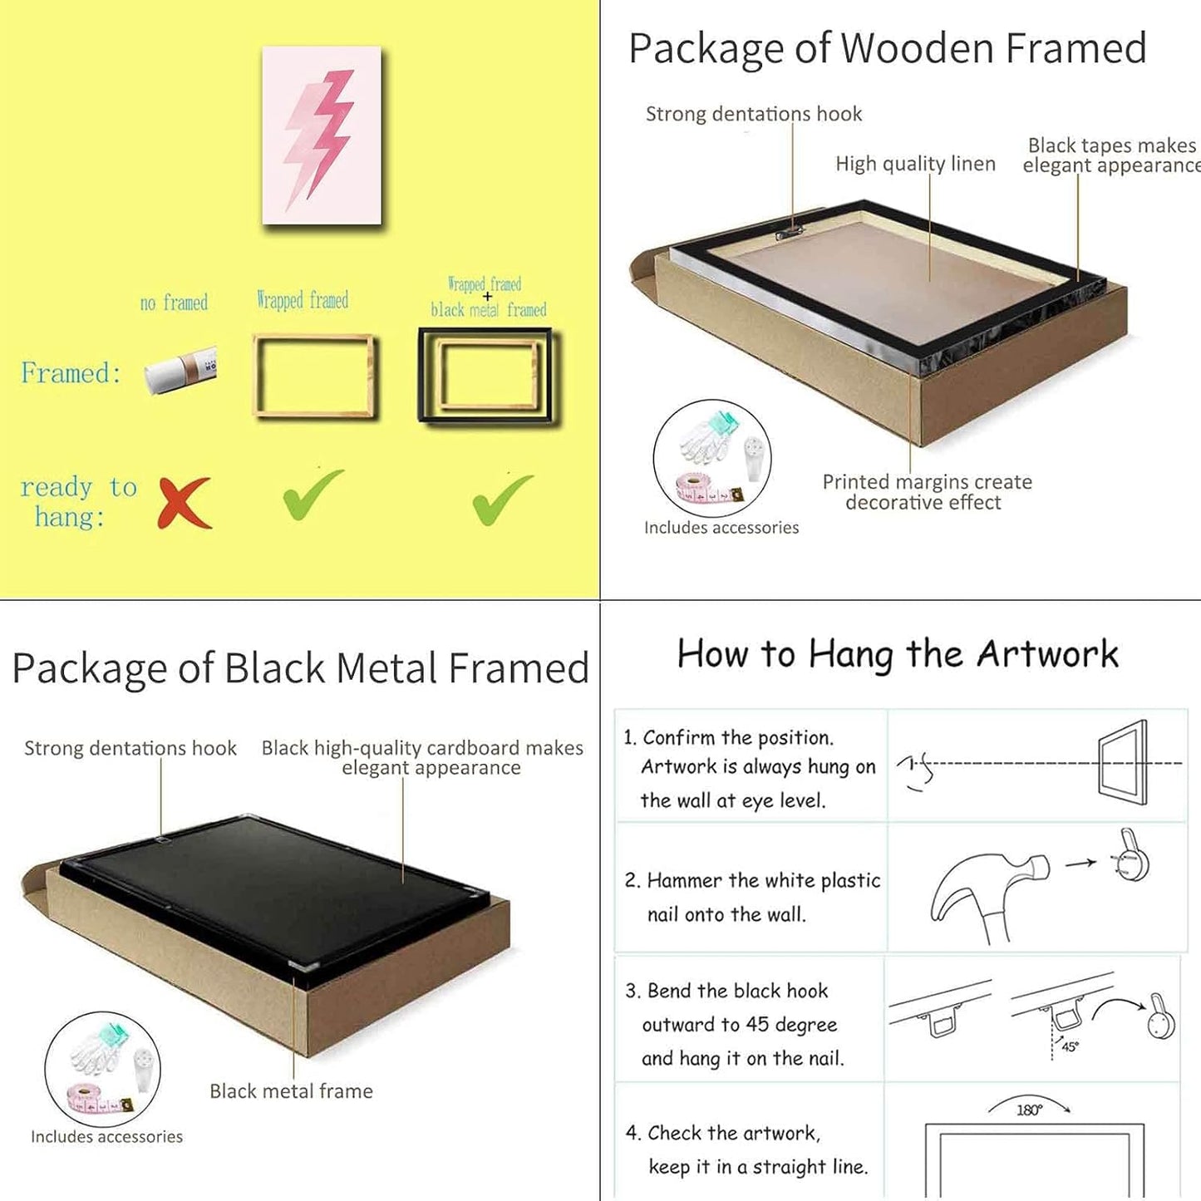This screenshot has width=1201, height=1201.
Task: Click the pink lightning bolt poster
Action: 322,135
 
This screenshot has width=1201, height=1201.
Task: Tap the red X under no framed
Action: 185,503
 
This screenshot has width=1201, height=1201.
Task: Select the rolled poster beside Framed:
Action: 180,371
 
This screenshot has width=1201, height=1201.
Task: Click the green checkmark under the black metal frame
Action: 503,500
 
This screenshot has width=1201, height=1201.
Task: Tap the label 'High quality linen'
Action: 916,164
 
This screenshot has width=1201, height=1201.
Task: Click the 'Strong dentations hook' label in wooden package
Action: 754,114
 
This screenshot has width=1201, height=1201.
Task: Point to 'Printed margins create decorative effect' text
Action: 927,492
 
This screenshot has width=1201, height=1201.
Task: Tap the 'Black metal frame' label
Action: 291,1090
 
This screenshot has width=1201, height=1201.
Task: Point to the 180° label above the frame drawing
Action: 1029,1110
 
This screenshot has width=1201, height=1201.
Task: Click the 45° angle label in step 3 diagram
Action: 1070,1046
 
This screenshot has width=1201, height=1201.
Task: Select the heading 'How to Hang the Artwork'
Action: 898,654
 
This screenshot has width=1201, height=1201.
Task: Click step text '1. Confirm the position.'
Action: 728,737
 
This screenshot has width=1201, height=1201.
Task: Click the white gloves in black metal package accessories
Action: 98,1046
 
